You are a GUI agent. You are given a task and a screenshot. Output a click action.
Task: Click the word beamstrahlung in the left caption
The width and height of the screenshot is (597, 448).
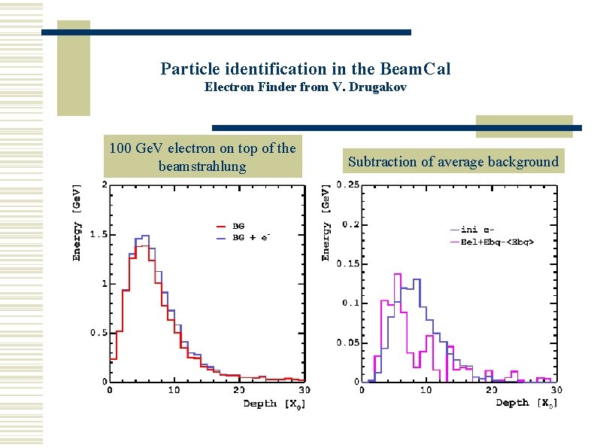tap(202, 166)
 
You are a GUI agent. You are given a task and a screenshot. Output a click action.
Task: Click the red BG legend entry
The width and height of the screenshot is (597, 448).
tap(238, 225)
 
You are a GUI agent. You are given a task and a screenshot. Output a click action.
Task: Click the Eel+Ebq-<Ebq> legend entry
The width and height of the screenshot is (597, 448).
tap(499, 241)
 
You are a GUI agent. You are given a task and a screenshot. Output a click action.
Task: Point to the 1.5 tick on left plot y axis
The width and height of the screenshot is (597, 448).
tap(98, 235)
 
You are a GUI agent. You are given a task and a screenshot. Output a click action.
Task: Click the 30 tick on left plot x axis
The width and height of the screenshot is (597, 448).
tap(302, 390)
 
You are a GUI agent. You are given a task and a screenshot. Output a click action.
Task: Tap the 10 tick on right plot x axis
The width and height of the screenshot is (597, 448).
tap(426, 390)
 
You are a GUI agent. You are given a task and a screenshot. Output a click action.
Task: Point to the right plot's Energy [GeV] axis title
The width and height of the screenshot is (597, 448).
tap(326, 221)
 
